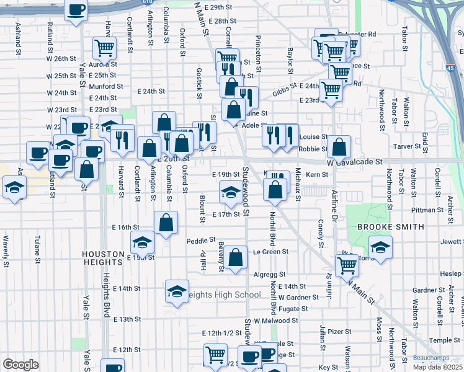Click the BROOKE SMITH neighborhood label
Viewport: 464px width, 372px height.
click(x=391, y=227)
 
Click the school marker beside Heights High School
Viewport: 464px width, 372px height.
click(x=177, y=291)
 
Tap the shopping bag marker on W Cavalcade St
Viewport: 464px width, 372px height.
click(x=340, y=148)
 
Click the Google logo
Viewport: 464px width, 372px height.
click(x=20, y=365)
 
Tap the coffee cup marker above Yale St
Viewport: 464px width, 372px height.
click(x=76, y=11)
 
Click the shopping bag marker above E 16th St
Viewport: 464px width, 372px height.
click(x=166, y=223)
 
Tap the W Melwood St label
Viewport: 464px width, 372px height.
click(x=276, y=321)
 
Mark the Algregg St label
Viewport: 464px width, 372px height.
click(x=269, y=274)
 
